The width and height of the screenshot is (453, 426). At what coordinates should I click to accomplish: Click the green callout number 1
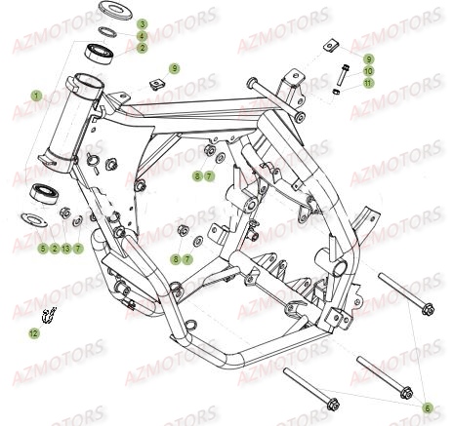click(36, 96)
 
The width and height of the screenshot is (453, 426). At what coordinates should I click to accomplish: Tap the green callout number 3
click(142, 23)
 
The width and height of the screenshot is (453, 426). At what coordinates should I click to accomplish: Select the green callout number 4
click(142, 36)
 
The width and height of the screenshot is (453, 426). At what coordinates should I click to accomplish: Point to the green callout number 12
click(34, 333)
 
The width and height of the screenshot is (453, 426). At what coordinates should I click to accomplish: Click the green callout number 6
click(428, 408)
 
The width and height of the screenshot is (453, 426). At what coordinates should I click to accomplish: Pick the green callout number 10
click(368, 71)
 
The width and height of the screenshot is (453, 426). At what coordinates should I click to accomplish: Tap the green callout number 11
click(368, 83)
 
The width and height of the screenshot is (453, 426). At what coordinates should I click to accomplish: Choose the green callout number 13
click(65, 249)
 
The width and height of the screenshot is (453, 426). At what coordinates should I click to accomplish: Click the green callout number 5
click(43, 249)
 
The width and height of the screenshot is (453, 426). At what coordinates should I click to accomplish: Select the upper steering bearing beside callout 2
click(100, 53)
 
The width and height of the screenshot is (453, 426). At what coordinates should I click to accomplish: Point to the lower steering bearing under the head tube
click(44, 194)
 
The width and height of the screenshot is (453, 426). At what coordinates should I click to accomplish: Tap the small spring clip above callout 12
click(49, 315)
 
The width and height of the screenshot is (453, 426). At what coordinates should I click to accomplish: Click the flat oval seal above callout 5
click(34, 219)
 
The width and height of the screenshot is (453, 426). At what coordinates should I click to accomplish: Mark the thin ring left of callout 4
click(107, 32)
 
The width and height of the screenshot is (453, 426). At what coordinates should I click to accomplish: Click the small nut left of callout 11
click(337, 92)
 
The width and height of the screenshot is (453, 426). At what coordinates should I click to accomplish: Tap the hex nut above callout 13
click(64, 213)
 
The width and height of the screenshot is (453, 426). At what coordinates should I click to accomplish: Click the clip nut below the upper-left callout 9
click(157, 85)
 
